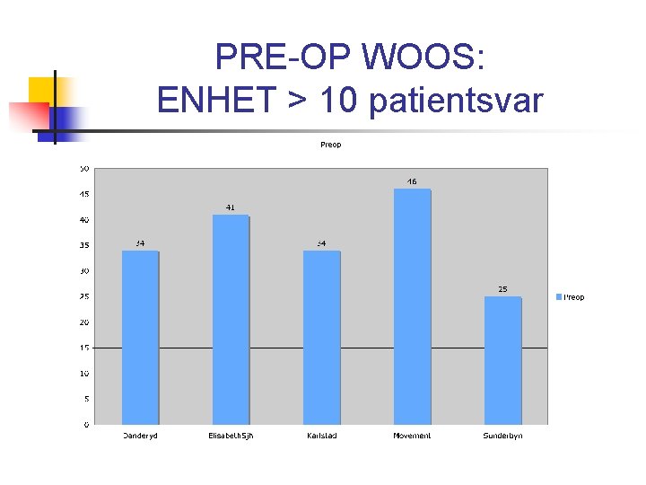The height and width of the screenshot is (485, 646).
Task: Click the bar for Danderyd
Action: (140, 337)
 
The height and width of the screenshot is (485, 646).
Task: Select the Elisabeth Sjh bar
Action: (231, 320)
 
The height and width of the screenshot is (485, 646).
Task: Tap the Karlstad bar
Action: (321, 337)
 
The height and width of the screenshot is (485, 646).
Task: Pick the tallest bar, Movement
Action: (412, 306)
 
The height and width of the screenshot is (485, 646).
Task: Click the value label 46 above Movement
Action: (412, 181)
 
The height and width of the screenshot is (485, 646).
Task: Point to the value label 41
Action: (231, 207)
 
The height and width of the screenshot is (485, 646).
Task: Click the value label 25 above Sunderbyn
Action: (502, 289)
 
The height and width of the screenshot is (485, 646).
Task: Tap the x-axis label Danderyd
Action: (140, 436)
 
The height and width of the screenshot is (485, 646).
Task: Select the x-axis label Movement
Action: (412, 436)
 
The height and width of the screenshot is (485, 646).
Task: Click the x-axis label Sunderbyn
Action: (502, 436)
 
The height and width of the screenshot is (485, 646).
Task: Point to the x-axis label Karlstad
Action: (321, 436)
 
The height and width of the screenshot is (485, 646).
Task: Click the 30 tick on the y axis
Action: (83, 270)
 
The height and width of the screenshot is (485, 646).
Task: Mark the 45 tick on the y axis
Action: (83, 194)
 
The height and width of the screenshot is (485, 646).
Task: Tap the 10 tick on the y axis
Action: (83, 373)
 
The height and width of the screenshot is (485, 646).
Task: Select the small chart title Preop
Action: (330, 145)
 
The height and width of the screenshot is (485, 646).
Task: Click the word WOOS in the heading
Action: (422, 59)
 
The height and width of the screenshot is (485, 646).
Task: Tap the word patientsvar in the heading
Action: (456, 100)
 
